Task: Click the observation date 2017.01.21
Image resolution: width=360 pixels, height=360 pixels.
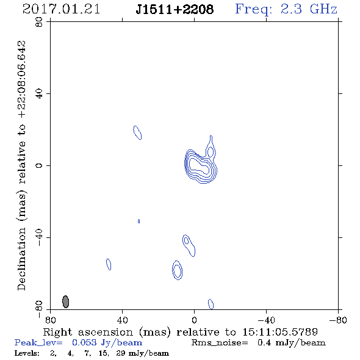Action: click(x=61, y=9)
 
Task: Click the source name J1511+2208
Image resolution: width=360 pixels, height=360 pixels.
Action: click(x=175, y=9)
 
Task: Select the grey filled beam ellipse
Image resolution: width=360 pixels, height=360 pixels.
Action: click(x=66, y=301)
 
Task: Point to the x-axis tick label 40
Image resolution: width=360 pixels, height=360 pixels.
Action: click(x=122, y=320)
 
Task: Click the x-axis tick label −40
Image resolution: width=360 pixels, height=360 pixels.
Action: click(x=266, y=320)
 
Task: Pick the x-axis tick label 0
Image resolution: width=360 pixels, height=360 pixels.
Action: click(x=194, y=320)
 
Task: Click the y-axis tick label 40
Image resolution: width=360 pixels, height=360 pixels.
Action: click(x=39, y=93)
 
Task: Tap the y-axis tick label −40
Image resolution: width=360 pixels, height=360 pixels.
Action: click(x=39, y=237)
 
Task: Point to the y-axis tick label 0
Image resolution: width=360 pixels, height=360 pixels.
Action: click(x=39, y=165)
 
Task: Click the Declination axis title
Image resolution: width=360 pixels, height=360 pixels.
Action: click(x=21, y=165)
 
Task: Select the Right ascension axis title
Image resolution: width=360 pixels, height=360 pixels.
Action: click(x=181, y=332)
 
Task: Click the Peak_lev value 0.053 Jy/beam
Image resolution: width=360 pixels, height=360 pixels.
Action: click(x=107, y=342)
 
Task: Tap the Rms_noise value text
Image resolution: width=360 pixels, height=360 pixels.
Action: click(x=258, y=342)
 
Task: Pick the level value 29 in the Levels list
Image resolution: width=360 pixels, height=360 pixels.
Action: click(x=121, y=353)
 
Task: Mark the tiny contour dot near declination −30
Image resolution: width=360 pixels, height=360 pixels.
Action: click(x=139, y=221)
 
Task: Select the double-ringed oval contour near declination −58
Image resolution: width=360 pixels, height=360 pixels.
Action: click(x=172, y=270)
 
